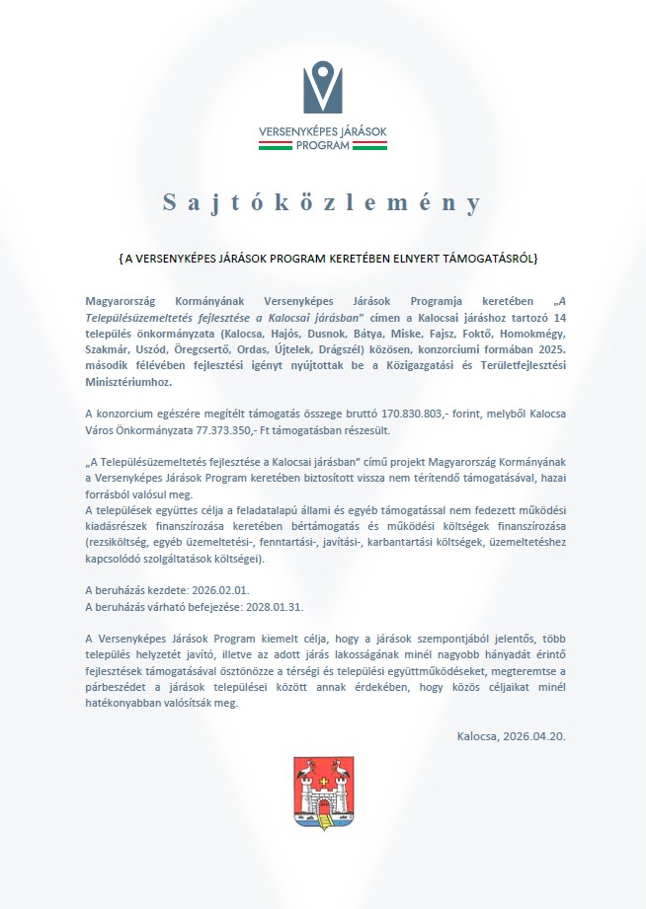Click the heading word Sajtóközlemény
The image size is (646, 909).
point(322,202)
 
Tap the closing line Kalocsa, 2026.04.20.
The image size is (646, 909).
point(511,735)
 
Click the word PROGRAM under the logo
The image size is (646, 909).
point(322,144)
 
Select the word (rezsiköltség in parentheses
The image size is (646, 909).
point(122,542)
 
